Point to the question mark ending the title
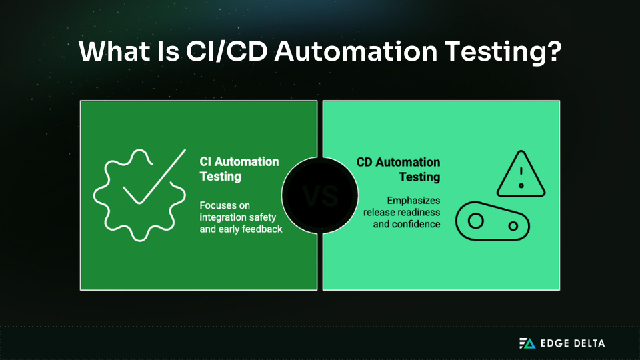click(551, 52)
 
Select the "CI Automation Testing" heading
click(239, 169)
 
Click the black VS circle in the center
click(320, 195)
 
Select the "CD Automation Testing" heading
click(399, 169)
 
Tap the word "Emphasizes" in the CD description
click(413, 200)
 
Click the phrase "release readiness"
click(401, 212)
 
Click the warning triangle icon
click(521, 175)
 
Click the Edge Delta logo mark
click(527, 343)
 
